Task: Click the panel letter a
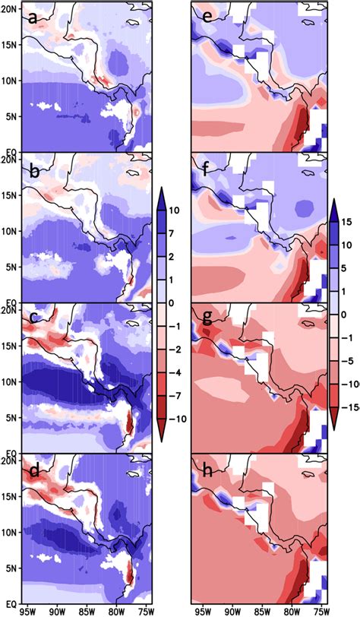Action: tap(33, 17)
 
